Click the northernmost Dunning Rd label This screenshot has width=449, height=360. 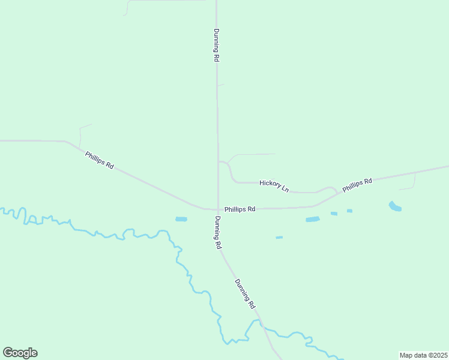[216, 46]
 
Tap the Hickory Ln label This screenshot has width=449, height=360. [274, 185]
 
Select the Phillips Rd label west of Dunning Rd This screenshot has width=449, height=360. [100, 160]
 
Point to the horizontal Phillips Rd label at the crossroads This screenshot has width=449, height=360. [240, 209]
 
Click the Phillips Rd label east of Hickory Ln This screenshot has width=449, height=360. [358, 185]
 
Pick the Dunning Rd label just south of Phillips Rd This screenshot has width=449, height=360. [217, 232]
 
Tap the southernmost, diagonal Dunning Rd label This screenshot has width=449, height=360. [245, 294]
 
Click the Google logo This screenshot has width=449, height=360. [20, 353]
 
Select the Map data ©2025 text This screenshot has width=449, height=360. [424, 355]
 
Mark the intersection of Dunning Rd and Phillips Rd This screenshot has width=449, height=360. [217, 209]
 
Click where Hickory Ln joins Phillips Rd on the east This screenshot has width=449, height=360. [337, 192]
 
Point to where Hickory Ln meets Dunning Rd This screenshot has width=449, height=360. [218, 161]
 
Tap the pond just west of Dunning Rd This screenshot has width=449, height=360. [181, 219]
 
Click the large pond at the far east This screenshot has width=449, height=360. [395, 206]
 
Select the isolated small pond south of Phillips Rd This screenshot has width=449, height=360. [279, 238]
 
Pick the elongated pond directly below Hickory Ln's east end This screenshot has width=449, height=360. [312, 220]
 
